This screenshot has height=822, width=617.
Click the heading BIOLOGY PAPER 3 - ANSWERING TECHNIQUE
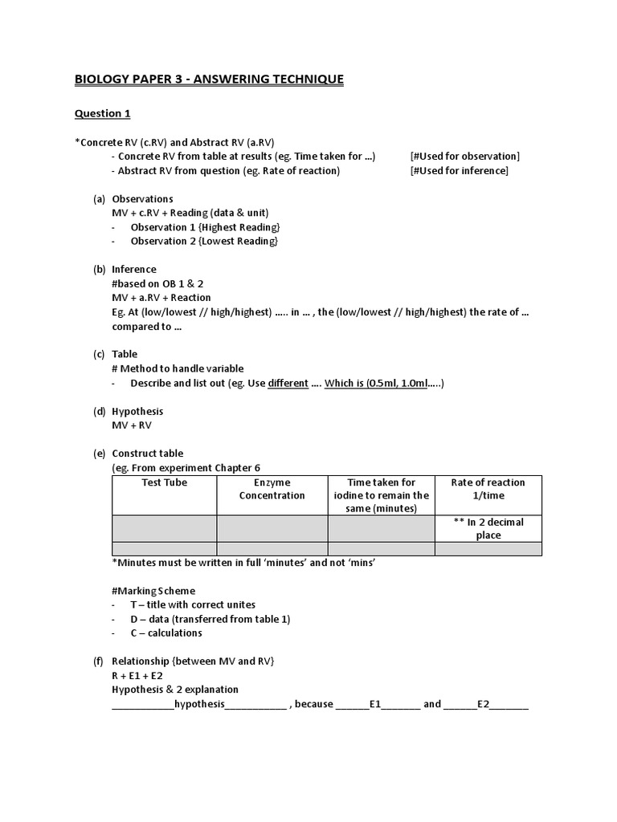pyautogui.click(x=209, y=79)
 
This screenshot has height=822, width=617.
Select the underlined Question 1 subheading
pyautogui.click(x=102, y=113)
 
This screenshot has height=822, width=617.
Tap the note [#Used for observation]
pyautogui.click(x=464, y=156)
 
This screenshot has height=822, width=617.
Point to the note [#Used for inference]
pyautogui.click(x=459, y=170)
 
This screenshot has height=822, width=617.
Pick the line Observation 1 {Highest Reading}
pyautogui.click(x=204, y=227)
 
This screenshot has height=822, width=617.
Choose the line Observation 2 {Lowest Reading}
pyautogui.click(x=204, y=241)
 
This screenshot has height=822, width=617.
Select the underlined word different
pyautogui.click(x=287, y=383)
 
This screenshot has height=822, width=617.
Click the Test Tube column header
pyautogui.click(x=164, y=482)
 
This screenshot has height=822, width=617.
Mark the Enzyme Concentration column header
pyautogui.click(x=272, y=489)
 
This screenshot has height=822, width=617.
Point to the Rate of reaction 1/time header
pyautogui.click(x=488, y=489)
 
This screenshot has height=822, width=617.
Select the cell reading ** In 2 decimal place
pyautogui.click(x=488, y=528)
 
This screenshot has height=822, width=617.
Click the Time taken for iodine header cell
pyautogui.click(x=382, y=495)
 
